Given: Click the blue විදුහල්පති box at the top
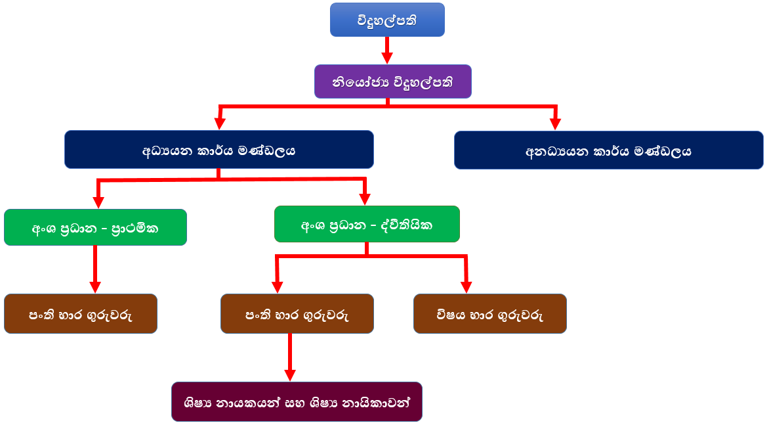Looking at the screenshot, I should tap(387, 20).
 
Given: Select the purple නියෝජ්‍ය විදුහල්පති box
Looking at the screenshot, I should tap(392, 81).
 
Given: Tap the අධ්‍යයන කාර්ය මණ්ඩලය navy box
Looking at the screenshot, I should tap(219, 149).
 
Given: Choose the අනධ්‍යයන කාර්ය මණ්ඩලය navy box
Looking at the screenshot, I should tap(608, 150).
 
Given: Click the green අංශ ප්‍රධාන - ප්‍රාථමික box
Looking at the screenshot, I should tap(95, 227).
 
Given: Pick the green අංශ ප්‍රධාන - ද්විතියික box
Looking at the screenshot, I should tap(367, 224).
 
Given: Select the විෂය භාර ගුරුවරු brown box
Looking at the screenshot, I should tap(489, 313).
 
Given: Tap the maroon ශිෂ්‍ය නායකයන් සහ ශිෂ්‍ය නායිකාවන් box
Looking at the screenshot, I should tap(297, 401).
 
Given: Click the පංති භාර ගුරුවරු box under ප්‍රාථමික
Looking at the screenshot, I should tap(81, 313).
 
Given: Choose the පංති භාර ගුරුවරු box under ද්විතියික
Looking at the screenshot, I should tap(297, 313).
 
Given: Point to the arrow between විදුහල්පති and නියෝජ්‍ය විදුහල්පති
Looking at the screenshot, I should tap(386, 49).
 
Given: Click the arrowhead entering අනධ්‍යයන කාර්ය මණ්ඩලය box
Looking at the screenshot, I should tap(555, 123).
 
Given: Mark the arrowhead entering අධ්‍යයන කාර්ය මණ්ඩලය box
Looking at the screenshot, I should tap(220, 123).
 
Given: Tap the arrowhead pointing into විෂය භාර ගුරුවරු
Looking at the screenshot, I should tap(466, 286).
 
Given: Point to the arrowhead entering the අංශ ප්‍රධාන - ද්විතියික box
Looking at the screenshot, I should tap(365, 198).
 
